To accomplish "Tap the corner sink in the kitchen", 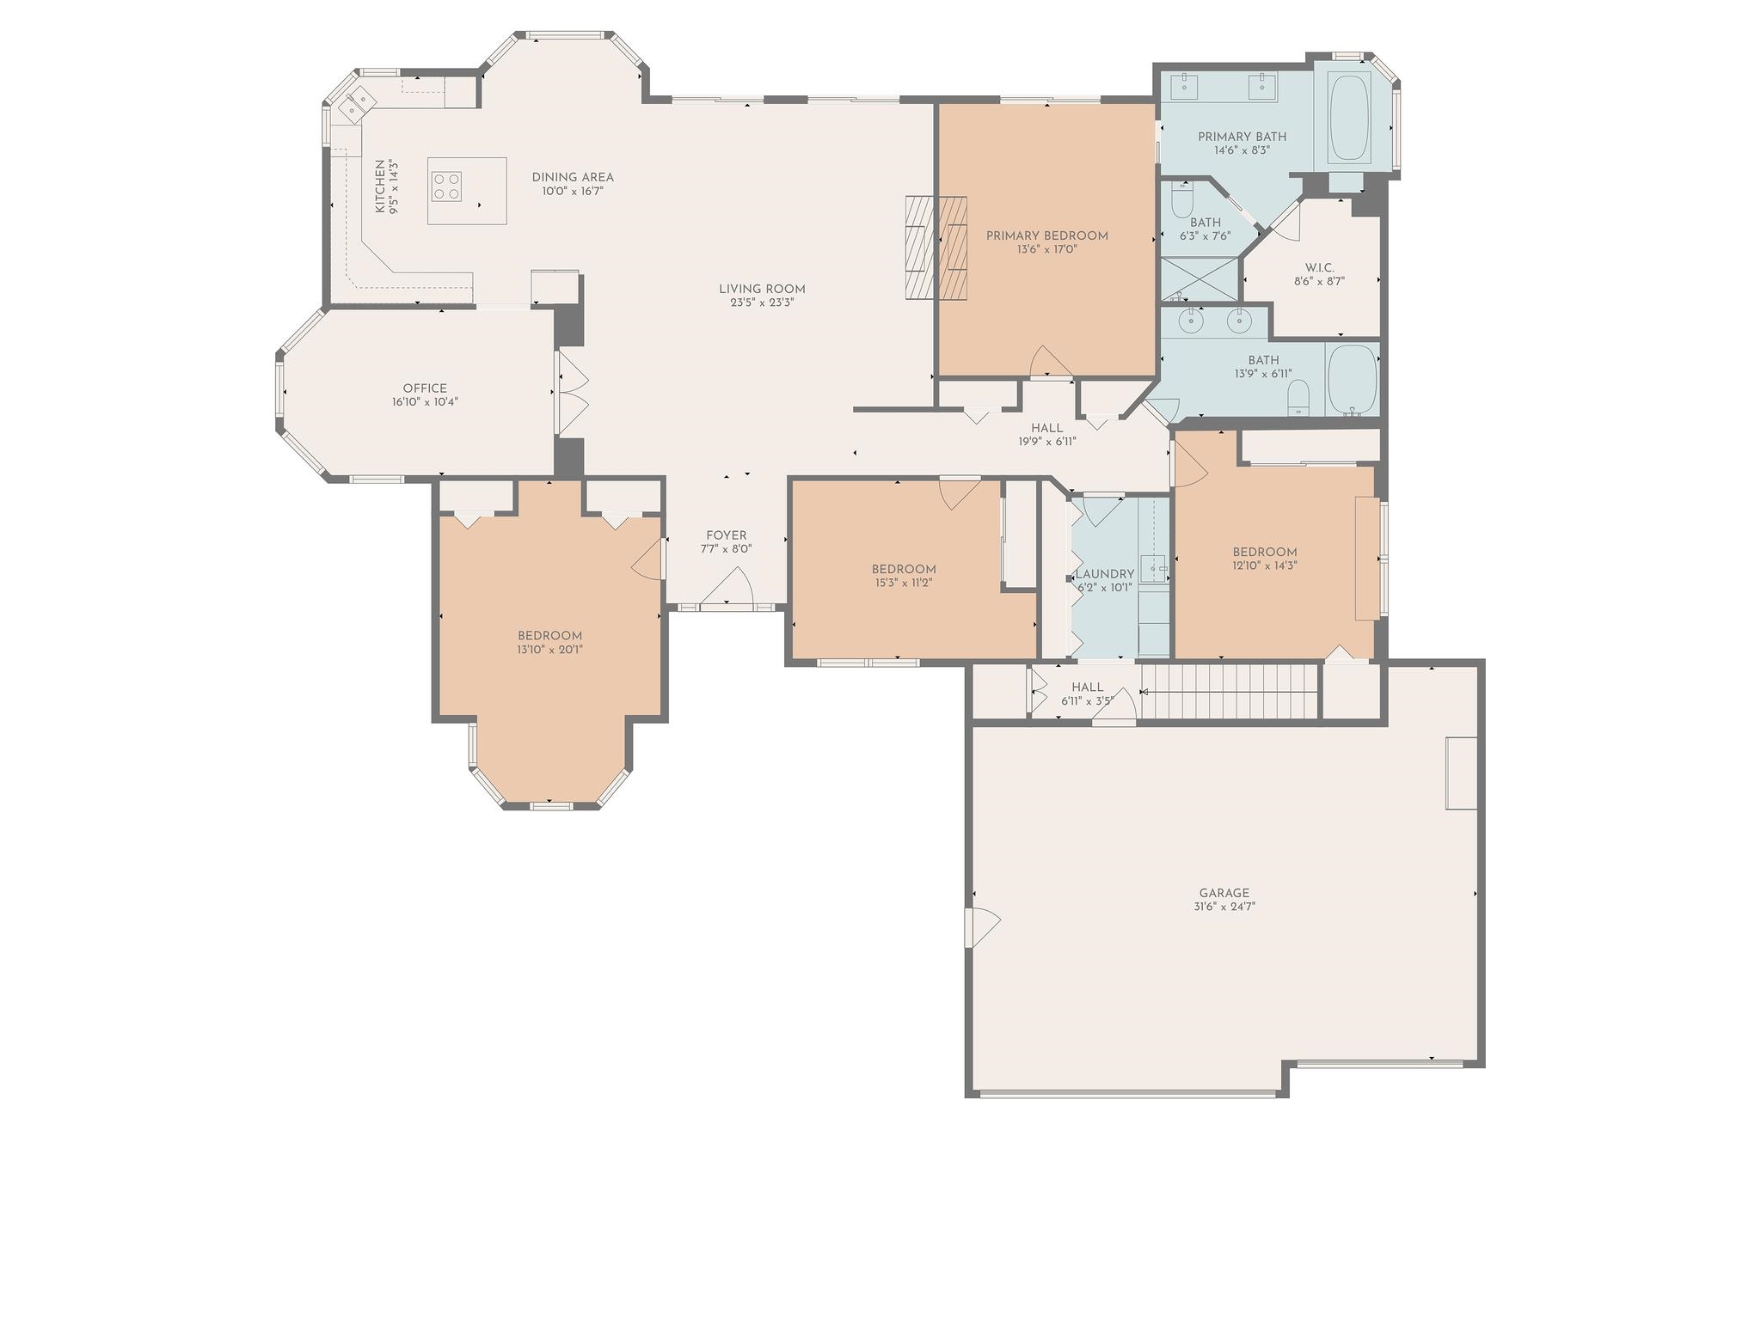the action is tap(357, 102).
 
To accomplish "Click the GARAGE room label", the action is tap(1224, 893).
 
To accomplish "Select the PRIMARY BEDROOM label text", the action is tap(1046, 235).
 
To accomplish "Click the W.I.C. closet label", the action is tap(1319, 267).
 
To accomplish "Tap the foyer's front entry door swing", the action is tap(728, 588).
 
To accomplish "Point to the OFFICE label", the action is tap(425, 388).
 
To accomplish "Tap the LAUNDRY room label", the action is tap(1105, 574).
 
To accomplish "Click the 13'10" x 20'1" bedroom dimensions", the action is tap(550, 650).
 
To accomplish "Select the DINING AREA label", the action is tap(573, 177).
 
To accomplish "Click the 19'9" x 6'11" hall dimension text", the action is tap(1047, 442).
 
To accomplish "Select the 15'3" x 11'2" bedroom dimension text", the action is tap(903, 583).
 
